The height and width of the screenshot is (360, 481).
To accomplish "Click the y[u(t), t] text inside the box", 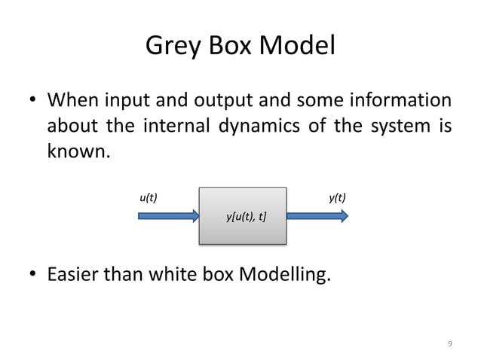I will coord(245,217).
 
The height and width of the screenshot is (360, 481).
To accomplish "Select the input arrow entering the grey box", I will coord(168,216).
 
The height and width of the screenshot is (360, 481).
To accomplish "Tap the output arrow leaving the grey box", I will coord(317,216).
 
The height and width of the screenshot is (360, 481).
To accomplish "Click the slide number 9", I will coord(450,343).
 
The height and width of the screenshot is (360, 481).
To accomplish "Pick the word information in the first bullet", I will coord(397,101).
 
